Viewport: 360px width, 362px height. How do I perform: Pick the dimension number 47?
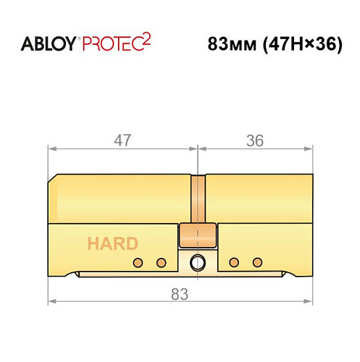(x=123, y=140)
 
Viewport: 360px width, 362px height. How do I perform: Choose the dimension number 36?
(x=254, y=140)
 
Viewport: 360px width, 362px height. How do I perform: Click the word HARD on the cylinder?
(x=112, y=243)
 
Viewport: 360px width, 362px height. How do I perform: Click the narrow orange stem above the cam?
(x=196, y=199)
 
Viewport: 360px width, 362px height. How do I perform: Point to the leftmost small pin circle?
(x=135, y=261)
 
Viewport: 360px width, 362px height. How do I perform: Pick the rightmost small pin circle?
(x=256, y=261)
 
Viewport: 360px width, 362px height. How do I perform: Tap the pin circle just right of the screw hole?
(x=233, y=261)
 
